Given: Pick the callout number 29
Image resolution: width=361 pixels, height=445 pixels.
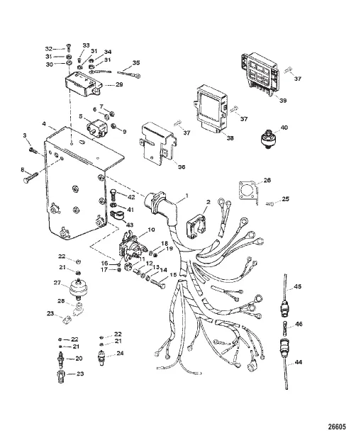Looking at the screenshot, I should pyautogui.click(x=119, y=85).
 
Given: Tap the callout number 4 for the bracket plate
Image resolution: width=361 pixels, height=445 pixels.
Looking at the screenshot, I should pyautogui.click(x=44, y=123).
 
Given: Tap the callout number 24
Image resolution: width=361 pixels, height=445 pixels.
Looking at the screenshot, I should pyautogui.click(x=120, y=353).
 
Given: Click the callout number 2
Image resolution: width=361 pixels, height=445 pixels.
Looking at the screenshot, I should pyautogui.click(x=207, y=203).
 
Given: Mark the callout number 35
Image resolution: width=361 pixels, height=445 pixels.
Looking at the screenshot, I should pyautogui.click(x=136, y=63).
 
